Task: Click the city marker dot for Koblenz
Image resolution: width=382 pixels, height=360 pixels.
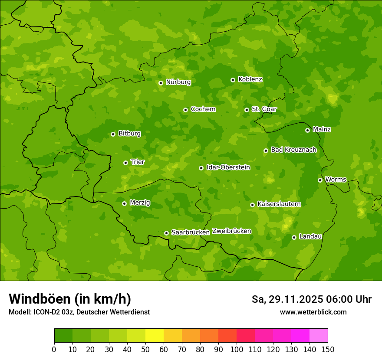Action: pos(233,80)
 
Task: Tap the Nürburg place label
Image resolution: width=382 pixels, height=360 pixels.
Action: pos(178,82)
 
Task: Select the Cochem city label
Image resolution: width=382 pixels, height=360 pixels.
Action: pos(203,109)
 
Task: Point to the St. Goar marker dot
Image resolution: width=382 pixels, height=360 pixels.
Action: pos(247,110)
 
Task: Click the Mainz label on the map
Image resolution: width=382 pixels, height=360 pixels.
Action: pos(322,129)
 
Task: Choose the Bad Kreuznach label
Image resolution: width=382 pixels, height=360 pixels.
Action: pos(293,150)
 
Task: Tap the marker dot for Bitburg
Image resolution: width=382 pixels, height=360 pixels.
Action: pos(113,134)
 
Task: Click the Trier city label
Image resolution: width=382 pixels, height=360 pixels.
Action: pos(138,162)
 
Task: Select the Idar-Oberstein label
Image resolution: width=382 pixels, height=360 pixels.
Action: pos(228,167)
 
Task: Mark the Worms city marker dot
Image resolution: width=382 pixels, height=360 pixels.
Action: pos(320,180)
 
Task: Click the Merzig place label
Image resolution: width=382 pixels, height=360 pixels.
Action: pos(140,203)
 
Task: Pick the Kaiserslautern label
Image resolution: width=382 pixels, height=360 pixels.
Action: pos(279,204)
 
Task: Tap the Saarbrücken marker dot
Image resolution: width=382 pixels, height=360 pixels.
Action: pos(166,233)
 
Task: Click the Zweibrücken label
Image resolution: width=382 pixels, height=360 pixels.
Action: pos(231,231)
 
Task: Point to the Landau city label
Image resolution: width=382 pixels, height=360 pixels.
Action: pos(310,236)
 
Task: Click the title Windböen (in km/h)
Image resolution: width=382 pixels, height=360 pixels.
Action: pos(70,299)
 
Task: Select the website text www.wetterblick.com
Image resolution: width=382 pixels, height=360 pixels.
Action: pos(313,312)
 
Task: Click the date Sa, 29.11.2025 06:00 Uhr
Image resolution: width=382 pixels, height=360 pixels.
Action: pos(311,299)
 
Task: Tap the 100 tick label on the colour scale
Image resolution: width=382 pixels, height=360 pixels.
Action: pos(237,349)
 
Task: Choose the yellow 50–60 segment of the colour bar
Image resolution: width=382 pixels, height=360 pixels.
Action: pos(155,336)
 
